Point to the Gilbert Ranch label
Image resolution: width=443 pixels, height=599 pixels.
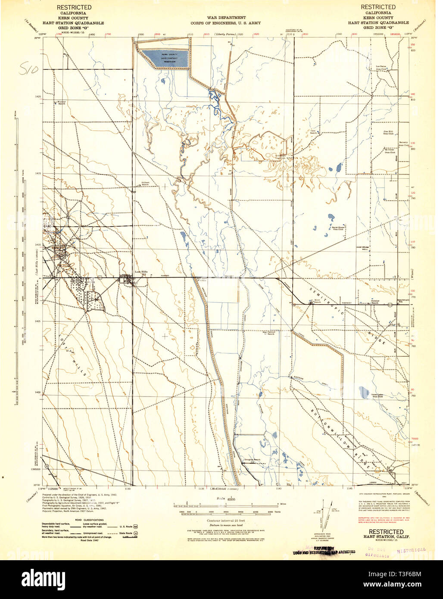click(146, 184)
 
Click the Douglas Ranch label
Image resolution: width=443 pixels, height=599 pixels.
click(251, 459)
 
